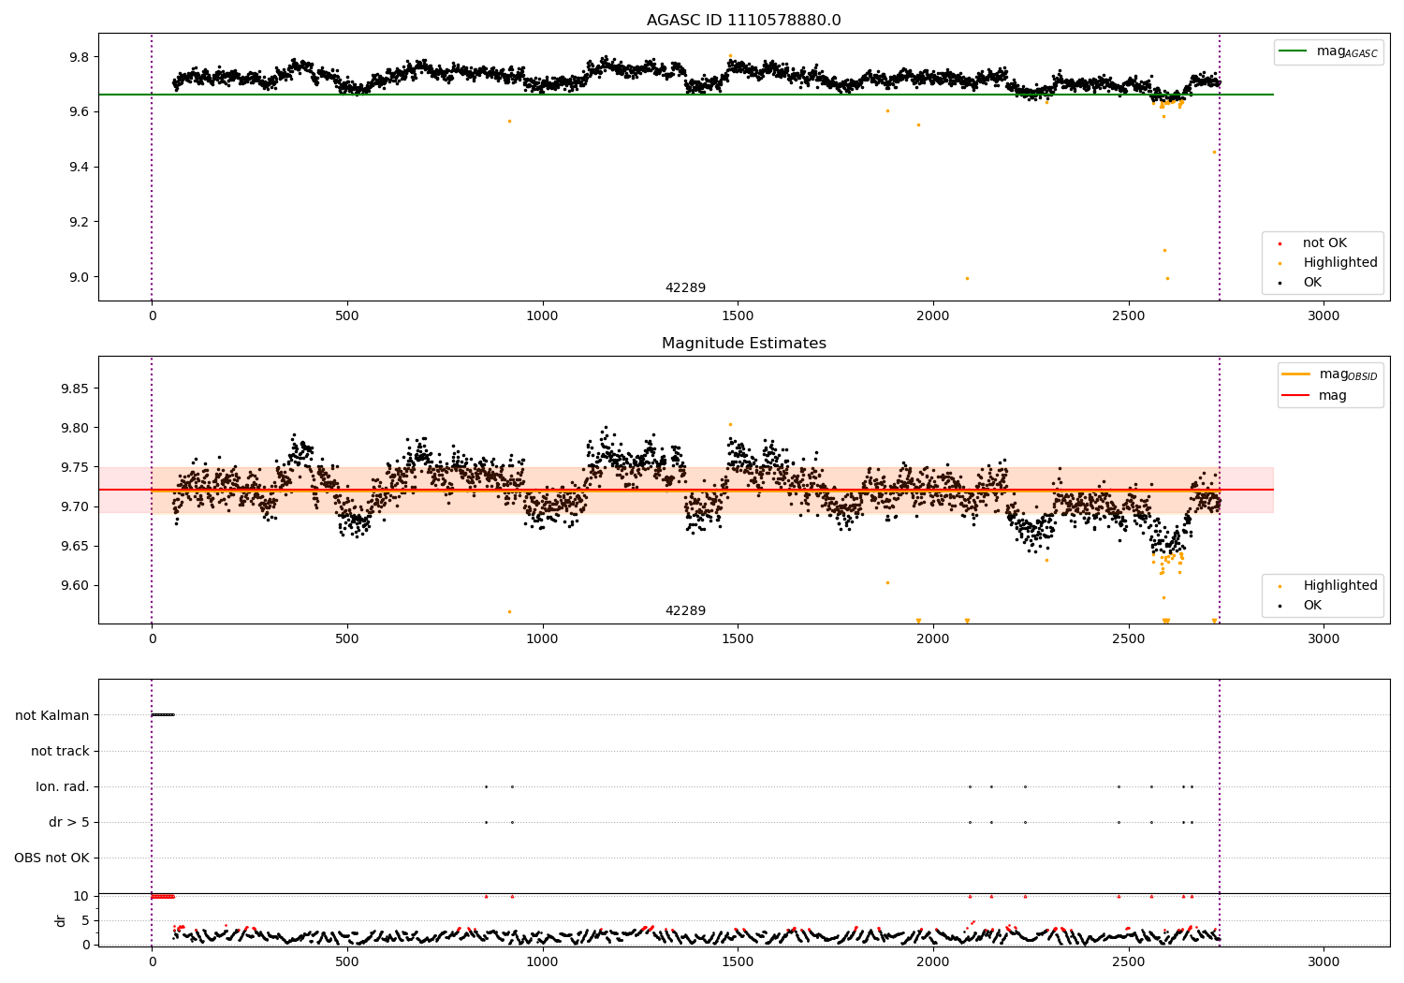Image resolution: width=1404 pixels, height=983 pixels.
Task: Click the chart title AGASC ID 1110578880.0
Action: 743,21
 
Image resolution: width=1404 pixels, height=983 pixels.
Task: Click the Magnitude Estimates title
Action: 743,344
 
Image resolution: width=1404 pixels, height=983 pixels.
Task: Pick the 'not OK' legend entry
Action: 1324,243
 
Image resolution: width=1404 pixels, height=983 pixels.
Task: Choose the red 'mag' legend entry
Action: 1332,396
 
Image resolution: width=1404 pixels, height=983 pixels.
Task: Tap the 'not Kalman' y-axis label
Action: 52,715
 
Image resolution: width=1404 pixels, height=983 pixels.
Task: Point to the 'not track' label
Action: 60,751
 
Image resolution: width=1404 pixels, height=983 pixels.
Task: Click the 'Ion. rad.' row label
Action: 63,786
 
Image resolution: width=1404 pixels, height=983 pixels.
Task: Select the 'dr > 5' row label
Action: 69,822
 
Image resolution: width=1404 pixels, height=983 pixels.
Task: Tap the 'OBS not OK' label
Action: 51,858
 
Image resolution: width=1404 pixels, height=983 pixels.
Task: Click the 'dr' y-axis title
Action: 61,920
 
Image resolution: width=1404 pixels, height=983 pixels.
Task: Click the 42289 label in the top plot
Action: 685,288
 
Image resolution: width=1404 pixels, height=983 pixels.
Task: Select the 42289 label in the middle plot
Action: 685,611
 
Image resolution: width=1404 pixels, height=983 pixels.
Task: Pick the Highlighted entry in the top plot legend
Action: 1339,263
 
